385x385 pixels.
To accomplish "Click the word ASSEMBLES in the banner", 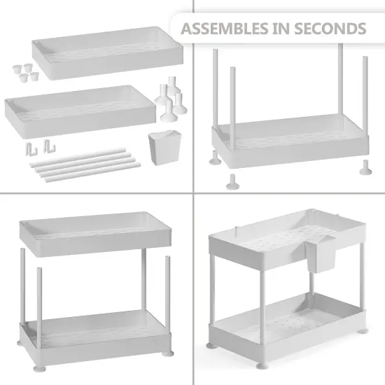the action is pos(225,29).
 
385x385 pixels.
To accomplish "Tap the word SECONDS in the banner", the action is pos(330,29).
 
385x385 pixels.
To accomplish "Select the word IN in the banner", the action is pos(281,29).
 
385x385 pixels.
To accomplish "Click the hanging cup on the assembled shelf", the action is pos(321,255).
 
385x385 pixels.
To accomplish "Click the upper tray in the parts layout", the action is pos(108,52).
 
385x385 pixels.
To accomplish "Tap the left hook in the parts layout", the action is pos(31,149).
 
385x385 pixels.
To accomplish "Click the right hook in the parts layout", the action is pos(50,146).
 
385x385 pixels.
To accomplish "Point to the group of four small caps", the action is pos(26,72).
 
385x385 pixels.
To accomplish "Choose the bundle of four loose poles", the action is pos(85,165).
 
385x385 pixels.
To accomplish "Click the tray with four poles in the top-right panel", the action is pos(290,141).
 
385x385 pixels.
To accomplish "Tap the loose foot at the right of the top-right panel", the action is pos(365,167).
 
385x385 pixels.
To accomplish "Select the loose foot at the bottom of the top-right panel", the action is pos(232,182).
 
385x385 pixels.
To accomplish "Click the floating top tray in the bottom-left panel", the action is pos(95,234).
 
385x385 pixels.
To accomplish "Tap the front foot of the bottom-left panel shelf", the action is pos(39,367).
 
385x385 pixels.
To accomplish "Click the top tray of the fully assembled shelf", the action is pos(287,239).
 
